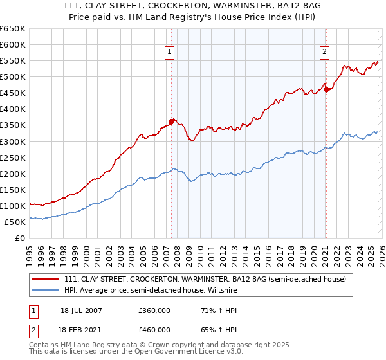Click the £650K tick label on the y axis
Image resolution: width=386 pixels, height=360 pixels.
point(13,29)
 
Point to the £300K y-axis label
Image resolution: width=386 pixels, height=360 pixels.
point(13,141)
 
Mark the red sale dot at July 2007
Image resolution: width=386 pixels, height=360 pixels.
point(172,121)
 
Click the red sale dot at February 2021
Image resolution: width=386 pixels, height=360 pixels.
point(326,89)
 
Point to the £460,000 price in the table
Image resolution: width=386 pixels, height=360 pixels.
point(154,330)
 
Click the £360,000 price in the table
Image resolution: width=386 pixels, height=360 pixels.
point(154,310)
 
